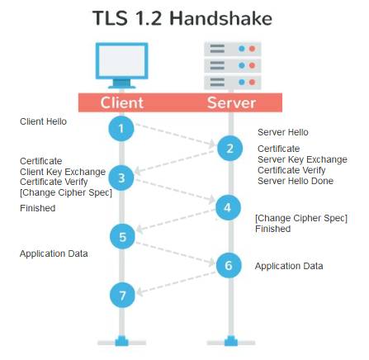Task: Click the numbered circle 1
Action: [x=121, y=129]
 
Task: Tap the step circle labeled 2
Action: [x=229, y=149]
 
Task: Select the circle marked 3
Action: [x=121, y=178]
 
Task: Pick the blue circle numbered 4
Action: [x=228, y=207]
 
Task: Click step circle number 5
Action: [x=122, y=237]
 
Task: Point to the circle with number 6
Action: [x=229, y=265]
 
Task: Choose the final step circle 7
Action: [x=122, y=296]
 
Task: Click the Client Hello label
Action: [x=43, y=121]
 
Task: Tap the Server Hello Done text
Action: [x=296, y=181]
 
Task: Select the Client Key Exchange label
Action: [x=63, y=172]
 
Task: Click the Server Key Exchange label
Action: [x=302, y=159]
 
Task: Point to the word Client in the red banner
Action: [x=121, y=102]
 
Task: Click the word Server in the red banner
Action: [x=231, y=102]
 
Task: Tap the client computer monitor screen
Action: [x=121, y=61]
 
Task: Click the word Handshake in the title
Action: [x=220, y=18]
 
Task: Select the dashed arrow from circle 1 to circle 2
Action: [x=175, y=135]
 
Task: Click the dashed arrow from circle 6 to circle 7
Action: [x=176, y=283]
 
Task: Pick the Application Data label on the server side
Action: [x=289, y=266]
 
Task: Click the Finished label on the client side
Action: [x=38, y=208]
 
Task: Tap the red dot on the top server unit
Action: [x=252, y=49]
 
